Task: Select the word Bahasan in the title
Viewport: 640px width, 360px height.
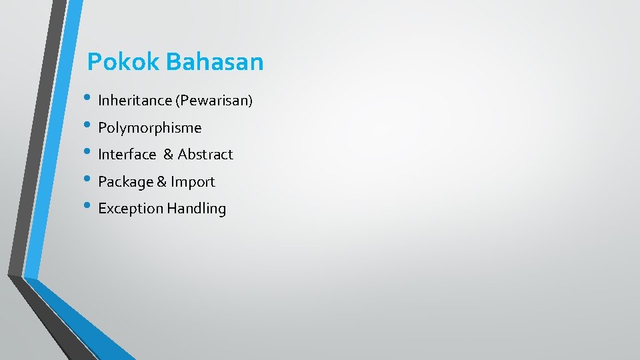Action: (x=215, y=62)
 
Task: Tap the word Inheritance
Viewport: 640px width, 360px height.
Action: (x=135, y=101)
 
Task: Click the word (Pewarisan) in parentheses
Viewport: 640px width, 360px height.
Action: (x=214, y=101)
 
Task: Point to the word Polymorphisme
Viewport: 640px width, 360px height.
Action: (x=149, y=127)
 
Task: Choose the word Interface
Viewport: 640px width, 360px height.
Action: (x=127, y=154)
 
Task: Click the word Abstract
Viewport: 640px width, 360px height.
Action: (x=205, y=154)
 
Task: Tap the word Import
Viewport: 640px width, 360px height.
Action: (x=193, y=181)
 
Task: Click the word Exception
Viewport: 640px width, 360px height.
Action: (x=131, y=209)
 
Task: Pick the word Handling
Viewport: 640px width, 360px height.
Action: (x=197, y=209)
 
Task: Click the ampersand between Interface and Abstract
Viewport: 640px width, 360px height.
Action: (x=168, y=154)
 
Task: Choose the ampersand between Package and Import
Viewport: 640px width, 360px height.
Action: (x=161, y=181)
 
